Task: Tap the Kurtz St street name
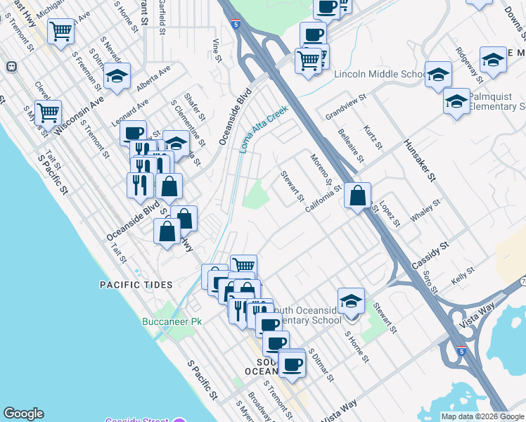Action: pyautogui.click(x=373, y=137)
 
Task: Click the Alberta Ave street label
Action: pyautogui.click(x=154, y=77)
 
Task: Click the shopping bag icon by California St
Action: pyautogui.click(x=358, y=196)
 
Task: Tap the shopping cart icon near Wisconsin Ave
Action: pyautogui.click(x=48, y=111)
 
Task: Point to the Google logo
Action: pyautogui.click(x=23, y=414)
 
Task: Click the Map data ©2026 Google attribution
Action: pyautogui.click(x=482, y=416)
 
